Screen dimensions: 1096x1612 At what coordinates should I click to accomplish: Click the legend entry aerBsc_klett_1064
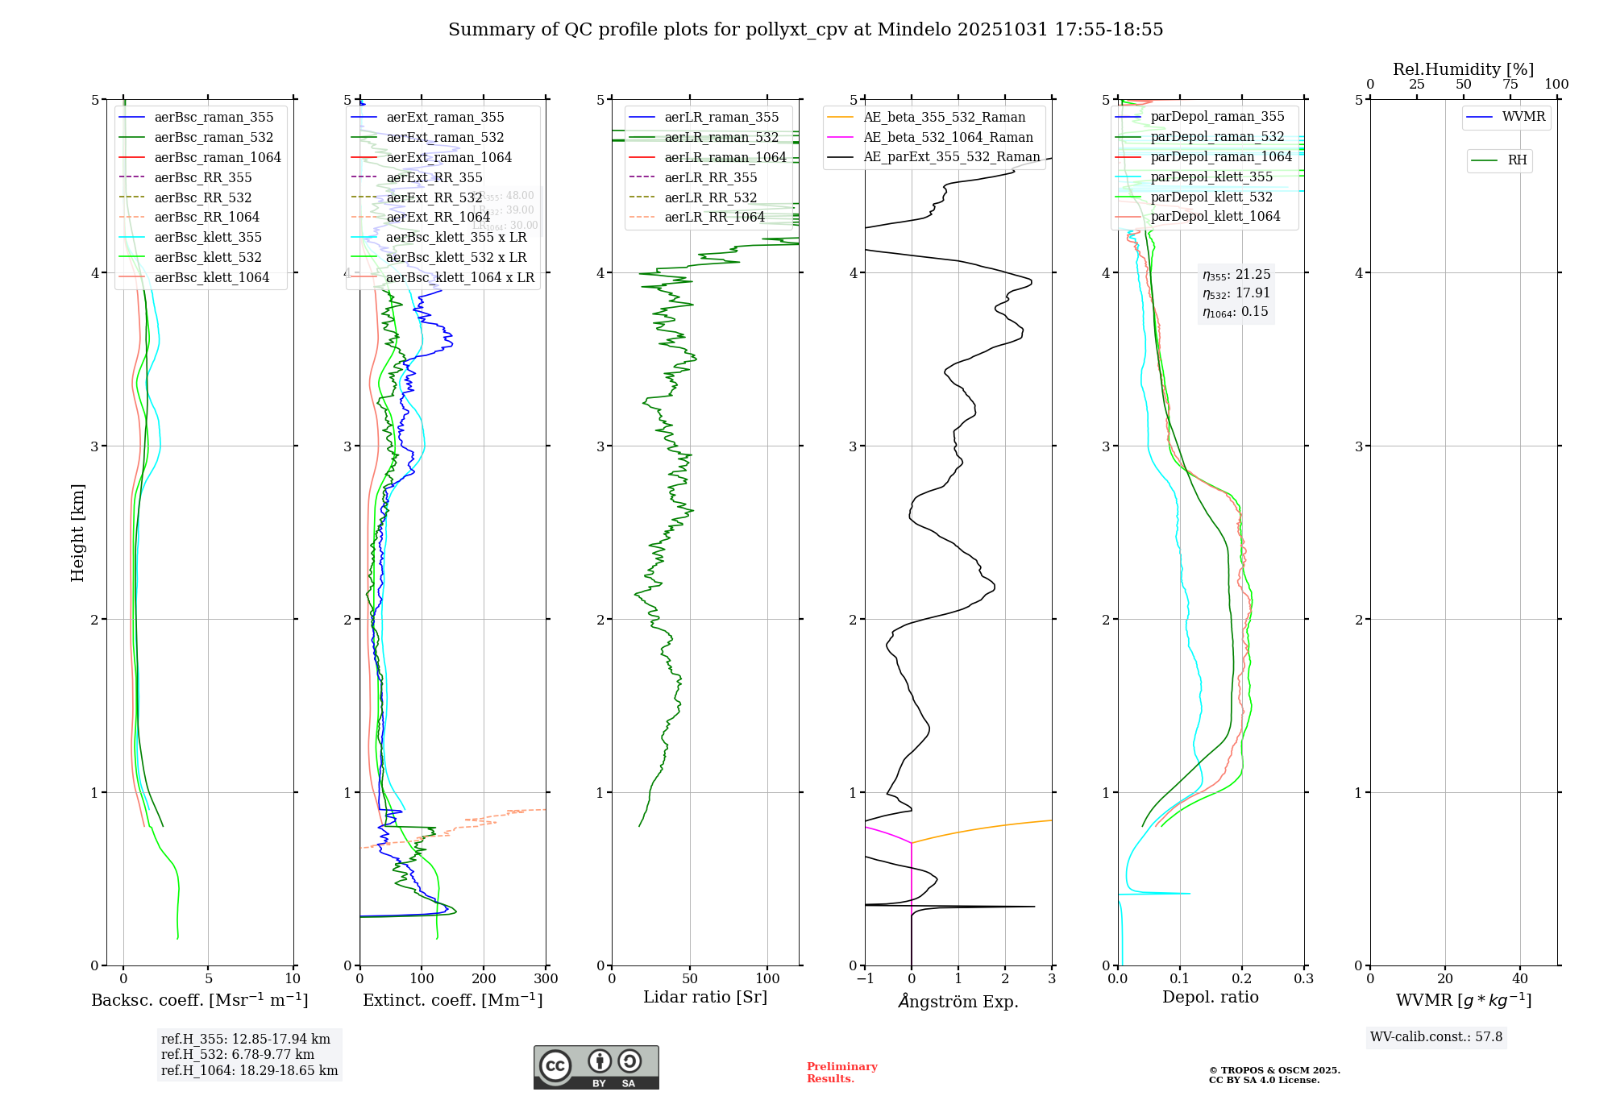click(211, 277)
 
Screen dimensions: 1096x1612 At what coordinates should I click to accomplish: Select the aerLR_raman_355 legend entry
click(721, 117)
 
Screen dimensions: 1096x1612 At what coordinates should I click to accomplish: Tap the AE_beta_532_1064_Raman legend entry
click(948, 137)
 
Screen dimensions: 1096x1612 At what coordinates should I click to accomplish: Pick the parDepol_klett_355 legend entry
click(1211, 176)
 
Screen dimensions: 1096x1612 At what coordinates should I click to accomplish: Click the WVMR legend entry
click(1523, 117)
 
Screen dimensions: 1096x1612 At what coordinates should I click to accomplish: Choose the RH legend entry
click(1516, 160)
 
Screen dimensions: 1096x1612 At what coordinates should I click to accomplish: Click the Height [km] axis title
click(77, 532)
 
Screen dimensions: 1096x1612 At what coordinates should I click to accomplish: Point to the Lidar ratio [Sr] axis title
click(705, 997)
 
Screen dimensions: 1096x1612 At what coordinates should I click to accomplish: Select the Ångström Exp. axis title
click(958, 1001)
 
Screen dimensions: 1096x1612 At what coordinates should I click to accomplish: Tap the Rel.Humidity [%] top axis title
click(1463, 69)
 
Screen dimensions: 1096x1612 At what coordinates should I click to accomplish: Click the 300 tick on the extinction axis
click(546, 979)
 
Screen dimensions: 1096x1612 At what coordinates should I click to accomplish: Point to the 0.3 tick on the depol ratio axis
click(1303, 979)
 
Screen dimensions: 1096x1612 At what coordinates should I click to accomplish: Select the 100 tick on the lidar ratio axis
click(767, 979)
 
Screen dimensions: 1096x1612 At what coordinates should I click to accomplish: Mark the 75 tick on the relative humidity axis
click(1510, 85)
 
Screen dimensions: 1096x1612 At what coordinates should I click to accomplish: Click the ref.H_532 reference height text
click(237, 1054)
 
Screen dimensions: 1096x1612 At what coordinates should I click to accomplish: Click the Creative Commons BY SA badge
click(596, 1067)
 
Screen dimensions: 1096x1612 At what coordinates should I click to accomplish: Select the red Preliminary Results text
click(841, 1072)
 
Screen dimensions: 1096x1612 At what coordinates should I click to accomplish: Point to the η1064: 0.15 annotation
click(1235, 312)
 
